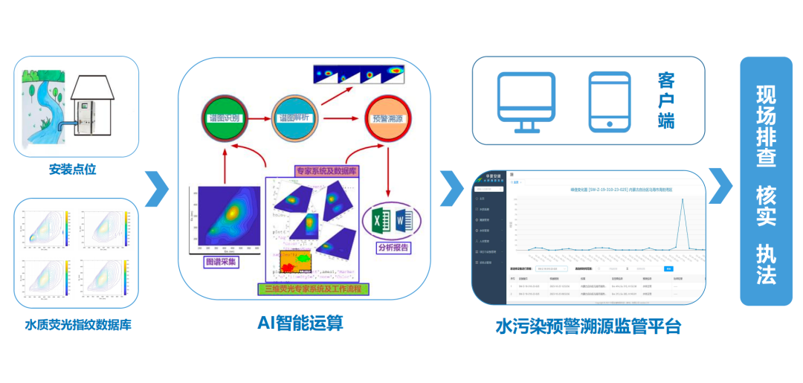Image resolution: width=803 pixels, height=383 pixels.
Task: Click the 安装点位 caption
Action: coord(73,170)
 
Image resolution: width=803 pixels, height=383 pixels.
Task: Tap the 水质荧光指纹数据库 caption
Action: coord(78,326)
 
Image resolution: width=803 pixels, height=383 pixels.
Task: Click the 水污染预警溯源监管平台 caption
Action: coord(587,326)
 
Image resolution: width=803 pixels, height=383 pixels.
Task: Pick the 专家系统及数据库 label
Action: coord(326,170)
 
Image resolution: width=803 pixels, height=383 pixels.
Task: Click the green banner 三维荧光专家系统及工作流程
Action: coord(317,287)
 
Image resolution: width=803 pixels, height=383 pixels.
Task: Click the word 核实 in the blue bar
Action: coord(766,206)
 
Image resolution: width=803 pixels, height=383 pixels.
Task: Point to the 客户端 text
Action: coord(666,100)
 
